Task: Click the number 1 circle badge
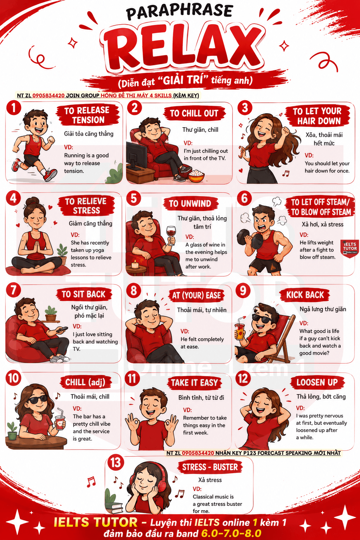tap(14, 108)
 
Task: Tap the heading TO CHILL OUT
tap(194, 113)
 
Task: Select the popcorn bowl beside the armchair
tap(196, 176)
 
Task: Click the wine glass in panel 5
tap(171, 235)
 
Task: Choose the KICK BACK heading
tap(305, 295)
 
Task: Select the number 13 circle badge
tap(116, 463)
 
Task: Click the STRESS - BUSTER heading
tap(210, 467)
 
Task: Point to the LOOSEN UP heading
tap(317, 382)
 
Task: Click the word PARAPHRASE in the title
tap(180, 12)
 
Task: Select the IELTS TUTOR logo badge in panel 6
tap(349, 248)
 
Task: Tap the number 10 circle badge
tap(13, 378)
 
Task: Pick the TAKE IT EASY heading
tap(194, 383)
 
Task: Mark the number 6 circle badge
tap(244, 198)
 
